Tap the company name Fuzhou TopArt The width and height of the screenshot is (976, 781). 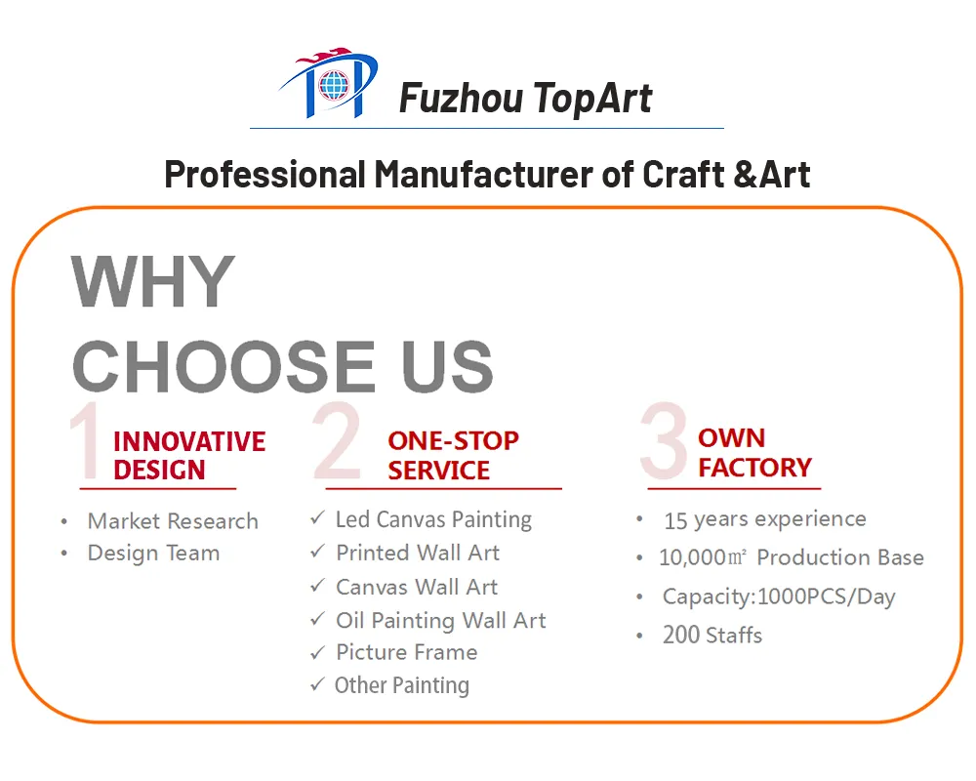[x=525, y=98]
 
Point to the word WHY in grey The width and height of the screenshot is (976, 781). [x=153, y=282]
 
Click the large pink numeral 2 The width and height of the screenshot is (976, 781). [x=338, y=441]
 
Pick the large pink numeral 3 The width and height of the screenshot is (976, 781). [x=664, y=441]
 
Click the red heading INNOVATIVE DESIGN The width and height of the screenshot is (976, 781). [x=189, y=455]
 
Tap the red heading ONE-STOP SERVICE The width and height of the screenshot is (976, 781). [x=452, y=455]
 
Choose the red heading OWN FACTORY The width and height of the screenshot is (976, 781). [x=754, y=452]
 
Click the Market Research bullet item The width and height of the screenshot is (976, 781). [x=173, y=521]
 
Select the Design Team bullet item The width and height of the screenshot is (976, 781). [x=153, y=553]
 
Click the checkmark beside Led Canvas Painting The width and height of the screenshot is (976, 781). [x=317, y=518]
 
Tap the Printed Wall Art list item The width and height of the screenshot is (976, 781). [x=417, y=553]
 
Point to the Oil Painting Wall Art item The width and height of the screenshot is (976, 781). [x=440, y=620]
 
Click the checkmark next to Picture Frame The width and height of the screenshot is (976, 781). [x=317, y=651]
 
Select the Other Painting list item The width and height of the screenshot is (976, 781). [x=401, y=685]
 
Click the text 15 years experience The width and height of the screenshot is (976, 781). [x=764, y=519]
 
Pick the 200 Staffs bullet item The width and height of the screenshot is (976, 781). [x=712, y=635]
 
